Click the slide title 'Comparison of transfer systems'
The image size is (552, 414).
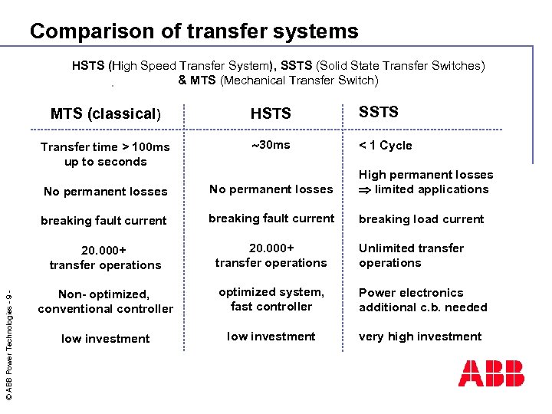click(194, 31)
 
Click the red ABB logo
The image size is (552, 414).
click(491, 373)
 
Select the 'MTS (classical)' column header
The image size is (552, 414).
click(106, 114)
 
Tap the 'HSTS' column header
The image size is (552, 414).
click(271, 114)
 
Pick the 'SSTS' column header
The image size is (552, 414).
click(379, 112)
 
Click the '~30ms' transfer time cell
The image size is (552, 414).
click(271, 144)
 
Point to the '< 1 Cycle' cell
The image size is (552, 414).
click(386, 146)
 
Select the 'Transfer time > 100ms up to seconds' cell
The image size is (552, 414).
click(105, 154)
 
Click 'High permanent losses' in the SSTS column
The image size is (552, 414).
click(426, 175)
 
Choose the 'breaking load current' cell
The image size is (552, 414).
click(421, 219)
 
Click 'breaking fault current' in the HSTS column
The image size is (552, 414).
click(271, 219)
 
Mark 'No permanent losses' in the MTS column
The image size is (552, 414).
click(105, 191)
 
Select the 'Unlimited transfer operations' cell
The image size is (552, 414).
click(411, 255)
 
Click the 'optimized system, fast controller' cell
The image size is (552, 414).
click(271, 299)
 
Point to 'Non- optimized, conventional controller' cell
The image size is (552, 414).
click(105, 301)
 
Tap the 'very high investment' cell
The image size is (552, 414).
click(420, 337)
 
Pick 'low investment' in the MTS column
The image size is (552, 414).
click(105, 338)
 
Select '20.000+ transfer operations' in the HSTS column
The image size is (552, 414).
click(271, 255)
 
